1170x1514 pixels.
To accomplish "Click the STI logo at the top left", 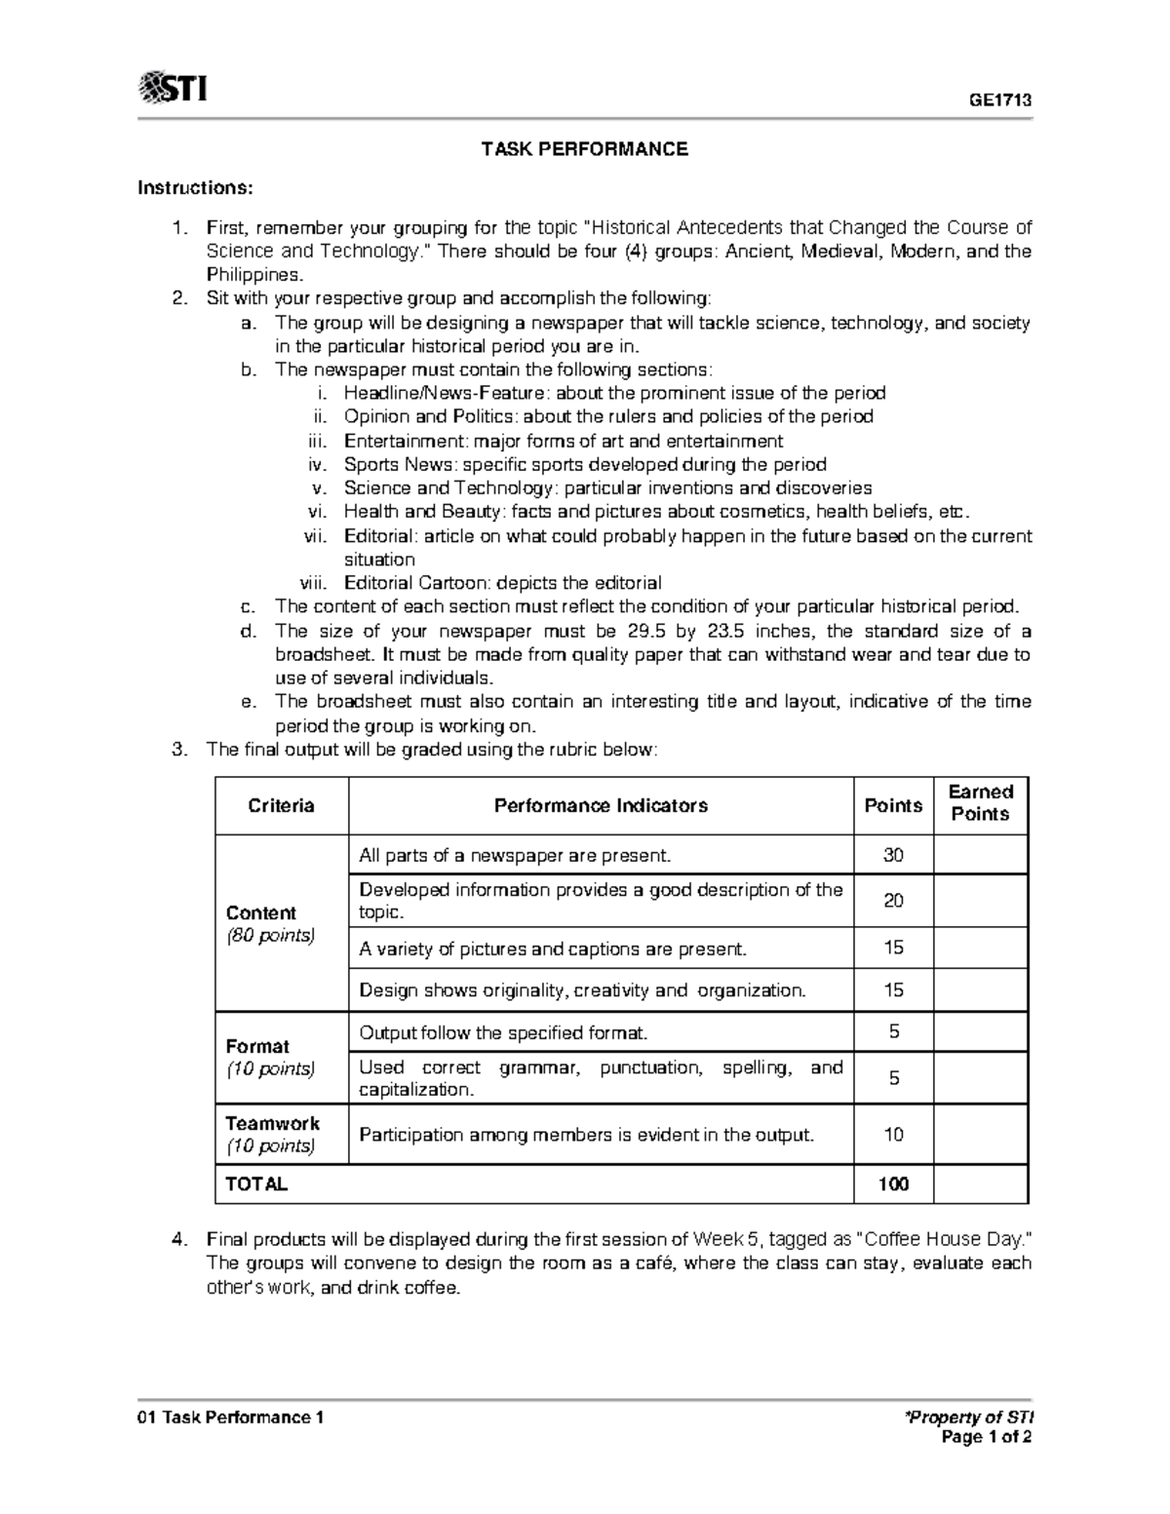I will click(173, 89).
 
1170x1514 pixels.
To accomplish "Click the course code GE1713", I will click(999, 100).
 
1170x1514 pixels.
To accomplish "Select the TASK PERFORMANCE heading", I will click(584, 149).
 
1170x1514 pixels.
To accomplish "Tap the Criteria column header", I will click(281, 805).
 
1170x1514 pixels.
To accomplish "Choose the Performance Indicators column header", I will click(601, 805).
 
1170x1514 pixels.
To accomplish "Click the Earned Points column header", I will click(981, 803).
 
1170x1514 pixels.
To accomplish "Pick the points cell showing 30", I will click(893, 855).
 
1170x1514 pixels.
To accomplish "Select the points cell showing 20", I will click(893, 900).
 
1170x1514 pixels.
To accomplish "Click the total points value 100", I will click(893, 1184).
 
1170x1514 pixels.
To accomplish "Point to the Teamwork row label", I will click(272, 1123).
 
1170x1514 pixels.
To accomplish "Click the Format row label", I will click(257, 1046).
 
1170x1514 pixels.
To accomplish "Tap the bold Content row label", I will click(260, 912).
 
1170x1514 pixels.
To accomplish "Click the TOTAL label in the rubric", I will click(256, 1184).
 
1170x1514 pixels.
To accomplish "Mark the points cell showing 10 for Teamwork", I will click(893, 1134).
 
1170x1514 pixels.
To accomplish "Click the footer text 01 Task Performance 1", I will click(230, 1417).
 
